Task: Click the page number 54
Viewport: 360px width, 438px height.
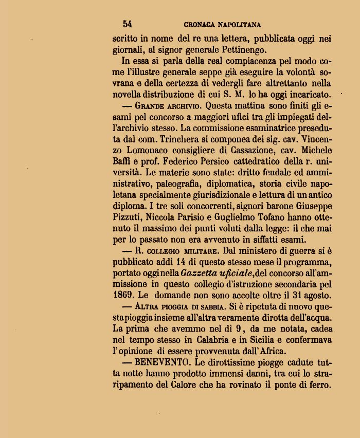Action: pos(128,24)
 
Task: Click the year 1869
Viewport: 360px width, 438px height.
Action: pos(123,296)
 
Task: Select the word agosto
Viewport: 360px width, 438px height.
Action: pos(316,296)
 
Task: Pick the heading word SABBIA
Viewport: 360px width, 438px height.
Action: pos(211,307)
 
